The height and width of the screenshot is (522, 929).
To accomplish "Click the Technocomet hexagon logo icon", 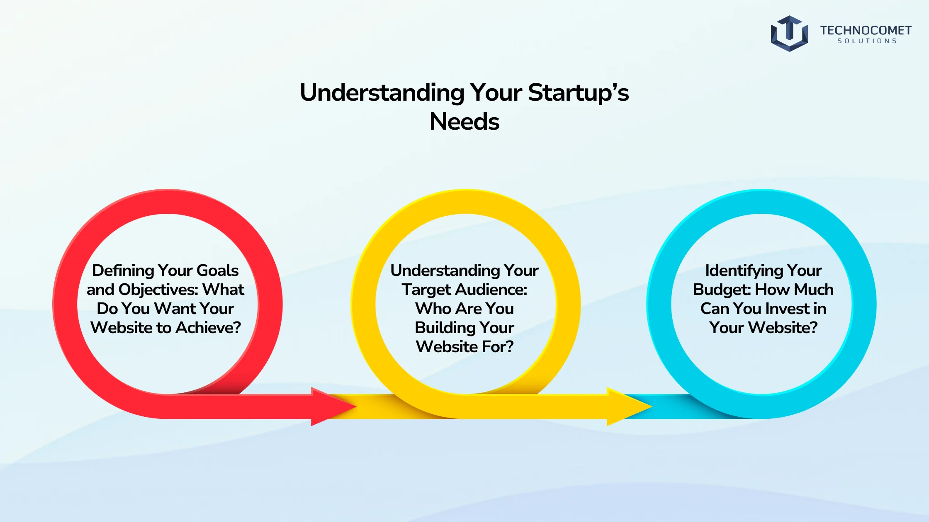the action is coord(789,34).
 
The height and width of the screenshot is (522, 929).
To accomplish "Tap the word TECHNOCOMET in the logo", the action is coord(866,30).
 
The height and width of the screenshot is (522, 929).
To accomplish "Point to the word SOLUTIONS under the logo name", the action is coord(867,41).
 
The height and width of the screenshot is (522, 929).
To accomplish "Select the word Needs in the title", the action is coord(464,121).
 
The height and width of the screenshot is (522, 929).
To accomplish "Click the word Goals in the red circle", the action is coord(217,271).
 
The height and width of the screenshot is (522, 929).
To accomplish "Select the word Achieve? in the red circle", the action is coord(208,328).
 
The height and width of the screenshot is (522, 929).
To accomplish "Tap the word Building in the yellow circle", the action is coord(440,328).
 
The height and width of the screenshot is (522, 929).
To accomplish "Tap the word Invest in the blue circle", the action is coord(786,309).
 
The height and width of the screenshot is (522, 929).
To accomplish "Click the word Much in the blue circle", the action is coord(814,290).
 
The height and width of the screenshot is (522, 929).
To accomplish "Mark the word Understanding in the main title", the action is coord(382,93).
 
